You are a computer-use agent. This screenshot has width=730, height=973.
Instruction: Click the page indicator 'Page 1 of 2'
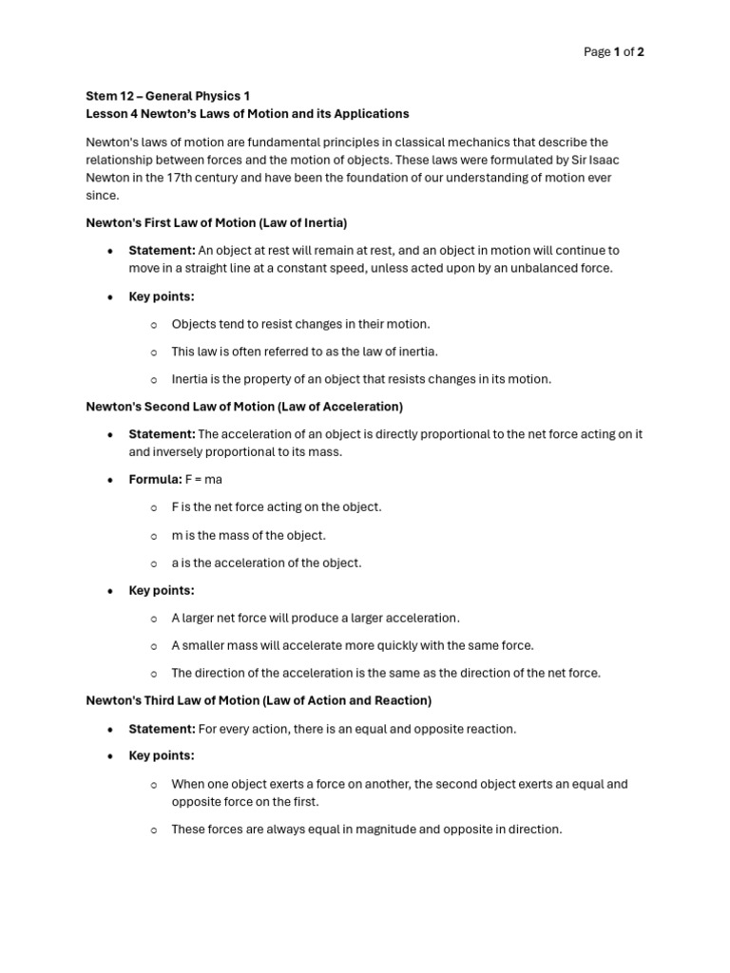coord(613,52)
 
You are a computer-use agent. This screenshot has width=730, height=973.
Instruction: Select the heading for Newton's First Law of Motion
coord(216,223)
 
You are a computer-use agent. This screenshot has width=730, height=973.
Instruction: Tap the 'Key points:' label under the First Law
coord(162,296)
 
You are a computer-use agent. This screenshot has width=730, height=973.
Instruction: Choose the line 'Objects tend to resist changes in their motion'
coord(300,324)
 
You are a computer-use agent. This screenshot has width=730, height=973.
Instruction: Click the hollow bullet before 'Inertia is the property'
coord(154,379)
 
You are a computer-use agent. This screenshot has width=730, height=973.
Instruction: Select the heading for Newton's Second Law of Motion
coord(244,407)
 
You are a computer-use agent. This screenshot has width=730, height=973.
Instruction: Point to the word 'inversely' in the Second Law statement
coord(181,452)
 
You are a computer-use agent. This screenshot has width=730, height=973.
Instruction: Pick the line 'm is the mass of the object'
coord(248,535)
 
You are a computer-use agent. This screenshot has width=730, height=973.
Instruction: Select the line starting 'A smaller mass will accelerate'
coord(352,645)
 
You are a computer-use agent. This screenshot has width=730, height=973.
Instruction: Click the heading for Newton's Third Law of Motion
coord(259,700)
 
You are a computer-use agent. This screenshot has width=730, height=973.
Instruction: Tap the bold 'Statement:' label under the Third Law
coord(162,729)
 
